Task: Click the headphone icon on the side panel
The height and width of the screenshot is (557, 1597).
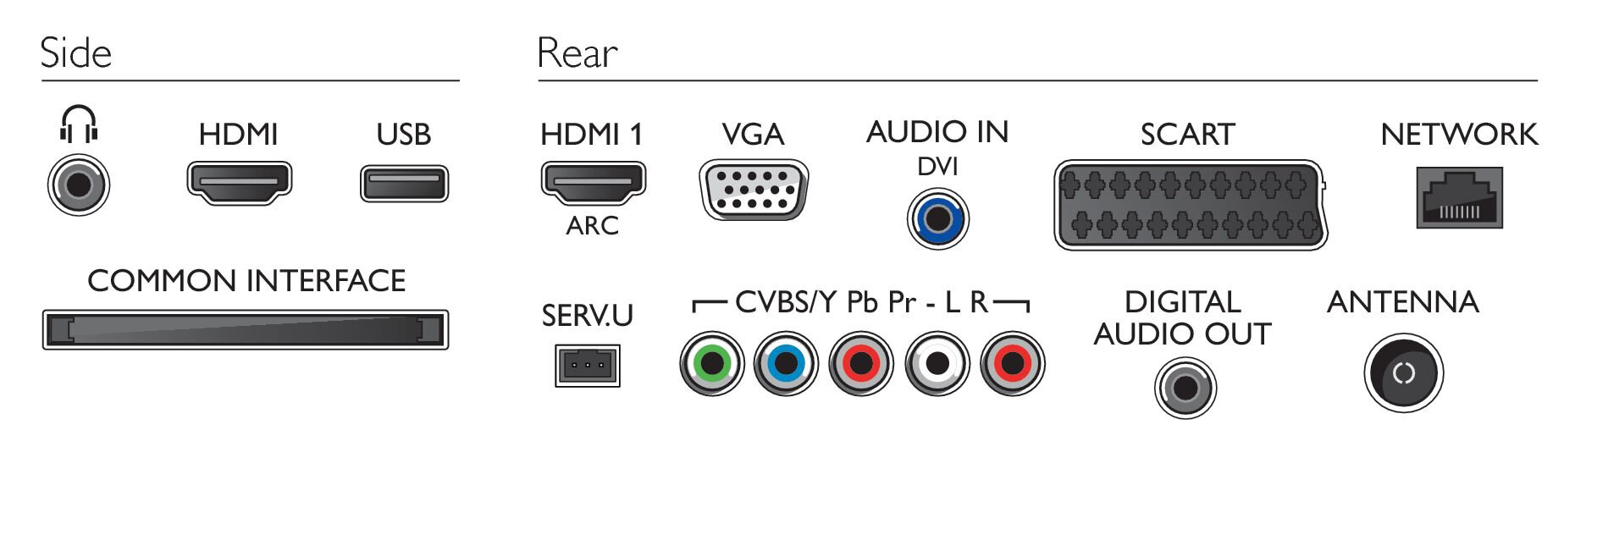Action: (79, 124)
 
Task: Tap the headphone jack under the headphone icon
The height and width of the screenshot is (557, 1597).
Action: (79, 185)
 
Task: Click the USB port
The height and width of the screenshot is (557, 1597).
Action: (404, 184)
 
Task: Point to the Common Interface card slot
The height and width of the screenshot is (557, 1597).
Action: (246, 329)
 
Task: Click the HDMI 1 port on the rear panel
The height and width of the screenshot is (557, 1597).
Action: (593, 183)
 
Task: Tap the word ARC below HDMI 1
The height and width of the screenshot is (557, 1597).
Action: (593, 226)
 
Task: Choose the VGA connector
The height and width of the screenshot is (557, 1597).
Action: (753, 191)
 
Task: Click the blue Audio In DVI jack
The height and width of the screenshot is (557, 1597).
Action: (937, 219)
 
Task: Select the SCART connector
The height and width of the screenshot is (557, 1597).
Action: (1190, 204)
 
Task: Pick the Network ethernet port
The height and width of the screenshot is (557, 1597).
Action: (1459, 198)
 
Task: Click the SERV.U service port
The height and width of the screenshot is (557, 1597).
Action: (587, 366)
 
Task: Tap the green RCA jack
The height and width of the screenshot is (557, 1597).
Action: (711, 364)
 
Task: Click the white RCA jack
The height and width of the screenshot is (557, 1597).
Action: (937, 364)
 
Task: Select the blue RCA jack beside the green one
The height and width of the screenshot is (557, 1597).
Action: (787, 364)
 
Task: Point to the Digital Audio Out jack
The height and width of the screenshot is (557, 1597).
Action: (1185, 388)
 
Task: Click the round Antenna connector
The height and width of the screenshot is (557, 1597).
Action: (1403, 373)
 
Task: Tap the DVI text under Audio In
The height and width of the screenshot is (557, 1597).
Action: (937, 167)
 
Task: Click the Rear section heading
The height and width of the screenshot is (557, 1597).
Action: (577, 53)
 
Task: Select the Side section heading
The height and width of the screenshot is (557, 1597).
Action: (76, 53)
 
